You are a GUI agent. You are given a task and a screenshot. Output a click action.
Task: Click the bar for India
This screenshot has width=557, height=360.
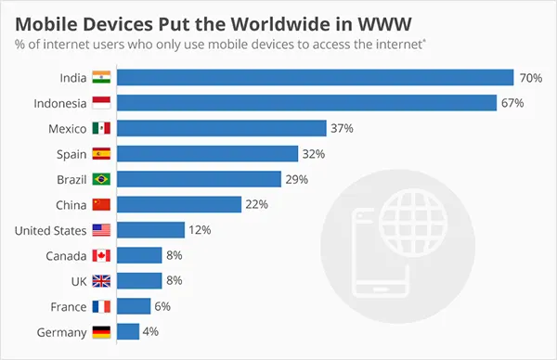[315, 78]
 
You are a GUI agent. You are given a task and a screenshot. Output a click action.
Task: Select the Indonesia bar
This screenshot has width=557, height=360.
[307, 103]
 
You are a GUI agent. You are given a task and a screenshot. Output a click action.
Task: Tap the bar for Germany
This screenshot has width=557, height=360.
[128, 331]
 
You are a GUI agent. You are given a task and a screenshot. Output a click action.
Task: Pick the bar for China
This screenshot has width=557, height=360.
[179, 204]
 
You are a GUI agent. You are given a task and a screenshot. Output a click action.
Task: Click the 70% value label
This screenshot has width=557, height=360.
[531, 78]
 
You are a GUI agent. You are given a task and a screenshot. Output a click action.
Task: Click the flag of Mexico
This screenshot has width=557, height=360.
[101, 128]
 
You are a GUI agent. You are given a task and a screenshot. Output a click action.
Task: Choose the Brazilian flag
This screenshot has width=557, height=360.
[101, 179]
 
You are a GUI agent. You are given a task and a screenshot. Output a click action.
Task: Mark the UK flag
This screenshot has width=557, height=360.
[101, 280]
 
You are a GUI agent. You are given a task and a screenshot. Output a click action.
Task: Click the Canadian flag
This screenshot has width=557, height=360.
[101, 255]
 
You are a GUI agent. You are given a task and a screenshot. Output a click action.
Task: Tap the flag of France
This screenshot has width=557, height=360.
[101, 306]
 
